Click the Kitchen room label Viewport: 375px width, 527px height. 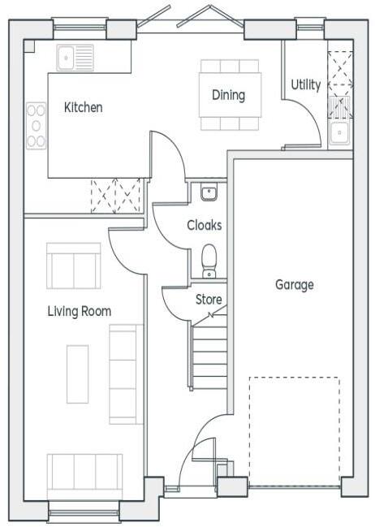pyautogui.click(x=83, y=107)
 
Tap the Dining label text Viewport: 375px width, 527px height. pyautogui.click(x=228, y=95)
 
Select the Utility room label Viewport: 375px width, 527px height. pyautogui.click(x=306, y=84)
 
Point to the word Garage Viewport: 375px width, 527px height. pyautogui.click(x=294, y=285)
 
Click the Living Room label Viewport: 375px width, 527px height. pyautogui.click(x=79, y=311)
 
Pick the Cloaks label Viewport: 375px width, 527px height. pyautogui.click(x=204, y=225)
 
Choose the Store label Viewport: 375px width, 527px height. pyautogui.click(x=209, y=300)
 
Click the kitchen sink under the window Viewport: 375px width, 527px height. pyautogui.click(x=75, y=57)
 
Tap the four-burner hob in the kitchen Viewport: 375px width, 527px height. pyautogui.click(x=36, y=125)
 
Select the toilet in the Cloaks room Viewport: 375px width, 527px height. pyautogui.click(x=209, y=259)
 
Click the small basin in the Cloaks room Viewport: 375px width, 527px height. pyautogui.click(x=209, y=192)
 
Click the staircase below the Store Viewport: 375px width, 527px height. pyautogui.click(x=210, y=353)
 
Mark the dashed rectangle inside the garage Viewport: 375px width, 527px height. pyautogui.click(x=294, y=430)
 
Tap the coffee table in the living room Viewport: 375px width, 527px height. pyautogui.click(x=77, y=374)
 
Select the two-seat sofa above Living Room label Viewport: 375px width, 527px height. pyautogui.click(x=74, y=266)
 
